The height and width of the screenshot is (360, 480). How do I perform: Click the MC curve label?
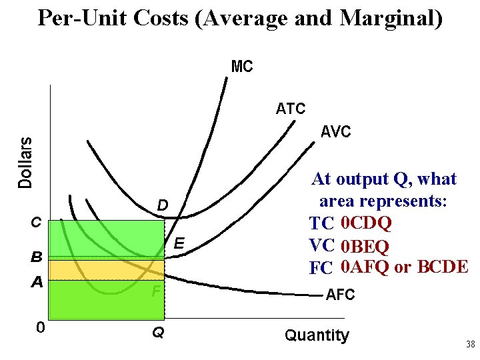[x=241, y=67]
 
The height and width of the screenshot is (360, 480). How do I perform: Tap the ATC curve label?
[x=291, y=109]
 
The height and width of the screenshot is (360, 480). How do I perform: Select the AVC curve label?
[x=335, y=132]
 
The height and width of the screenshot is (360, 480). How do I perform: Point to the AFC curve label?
[x=340, y=295]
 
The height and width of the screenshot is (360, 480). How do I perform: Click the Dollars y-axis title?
[x=25, y=162]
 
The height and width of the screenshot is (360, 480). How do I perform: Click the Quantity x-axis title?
[x=317, y=335]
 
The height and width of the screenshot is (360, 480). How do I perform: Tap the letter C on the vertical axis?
[x=37, y=223]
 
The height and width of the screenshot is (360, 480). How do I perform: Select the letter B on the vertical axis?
[x=37, y=256]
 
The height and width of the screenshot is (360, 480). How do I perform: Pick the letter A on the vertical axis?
[x=37, y=282]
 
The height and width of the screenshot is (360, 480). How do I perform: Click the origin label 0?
[x=41, y=328]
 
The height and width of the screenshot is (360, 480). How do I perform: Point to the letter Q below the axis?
[x=158, y=331]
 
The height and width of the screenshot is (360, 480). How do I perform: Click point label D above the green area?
[x=163, y=204]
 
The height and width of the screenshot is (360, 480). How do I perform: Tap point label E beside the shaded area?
[x=179, y=245]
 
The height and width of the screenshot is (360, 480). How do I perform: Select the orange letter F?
[x=155, y=291]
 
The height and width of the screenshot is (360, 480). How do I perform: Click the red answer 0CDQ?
[x=365, y=223]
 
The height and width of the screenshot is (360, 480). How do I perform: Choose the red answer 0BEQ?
[x=365, y=246]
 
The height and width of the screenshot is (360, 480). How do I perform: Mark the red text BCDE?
[x=443, y=267]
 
